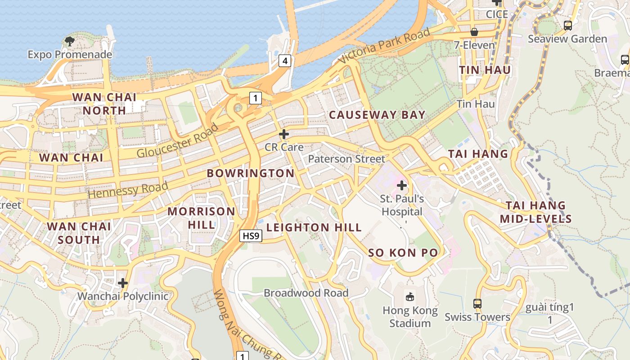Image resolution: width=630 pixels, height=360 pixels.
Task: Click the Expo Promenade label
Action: click(x=70, y=54)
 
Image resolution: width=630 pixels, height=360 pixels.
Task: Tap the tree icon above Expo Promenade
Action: click(x=70, y=42)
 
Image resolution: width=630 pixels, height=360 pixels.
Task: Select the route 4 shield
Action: click(x=284, y=60)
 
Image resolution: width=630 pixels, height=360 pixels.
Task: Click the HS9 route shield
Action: click(x=251, y=235)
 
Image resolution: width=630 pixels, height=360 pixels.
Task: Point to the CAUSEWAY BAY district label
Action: click(x=377, y=115)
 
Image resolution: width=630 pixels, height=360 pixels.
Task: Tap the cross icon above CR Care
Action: click(x=284, y=134)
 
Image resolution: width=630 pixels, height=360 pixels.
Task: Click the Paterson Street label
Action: click(x=346, y=159)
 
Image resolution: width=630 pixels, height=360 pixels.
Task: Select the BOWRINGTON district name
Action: click(x=251, y=173)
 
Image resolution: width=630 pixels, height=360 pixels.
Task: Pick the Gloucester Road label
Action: click(x=178, y=140)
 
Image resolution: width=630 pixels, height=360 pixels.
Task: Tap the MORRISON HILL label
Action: click(x=201, y=217)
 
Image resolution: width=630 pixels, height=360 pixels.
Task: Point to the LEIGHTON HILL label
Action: click(x=314, y=228)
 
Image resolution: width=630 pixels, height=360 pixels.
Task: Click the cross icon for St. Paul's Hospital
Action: click(x=402, y=185)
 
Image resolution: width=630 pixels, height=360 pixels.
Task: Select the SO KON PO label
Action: click(x=403, y=253)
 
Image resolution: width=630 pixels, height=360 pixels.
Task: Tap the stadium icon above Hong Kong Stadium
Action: click(x=410, y=297)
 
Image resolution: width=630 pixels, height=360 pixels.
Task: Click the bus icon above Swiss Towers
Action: click(x=477, y=304)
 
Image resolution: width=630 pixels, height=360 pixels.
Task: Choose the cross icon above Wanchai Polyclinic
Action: click(x=123, y=283)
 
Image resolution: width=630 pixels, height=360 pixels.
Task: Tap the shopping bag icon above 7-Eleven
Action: click(x=474, y=32)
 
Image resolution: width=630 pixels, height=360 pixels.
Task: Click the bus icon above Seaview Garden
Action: click(x=568, y=26)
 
